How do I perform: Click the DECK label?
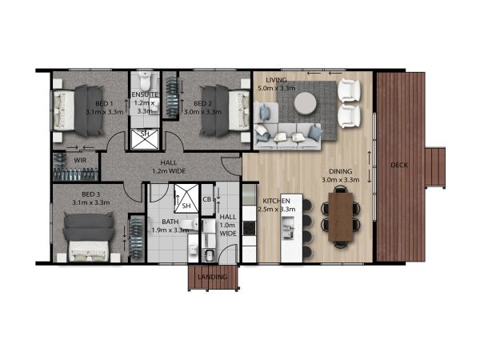pos(399,166)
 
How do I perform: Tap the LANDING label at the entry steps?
pos(213,277)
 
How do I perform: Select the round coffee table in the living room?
pos(306,103)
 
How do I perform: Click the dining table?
pos(341,217)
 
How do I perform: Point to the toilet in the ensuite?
pos(144,80)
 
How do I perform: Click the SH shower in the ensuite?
pos(145,139)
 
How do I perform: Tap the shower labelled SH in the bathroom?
pos(186,198)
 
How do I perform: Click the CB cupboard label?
pos(207,199)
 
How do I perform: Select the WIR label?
pos(80,161)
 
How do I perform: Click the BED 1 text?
pos(104,103)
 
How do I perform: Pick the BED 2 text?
pos(202,103)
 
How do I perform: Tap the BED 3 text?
pos(90,194)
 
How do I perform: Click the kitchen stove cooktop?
pos(249,228)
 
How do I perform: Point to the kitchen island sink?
pos(288,227)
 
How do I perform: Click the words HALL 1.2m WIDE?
pos(169,167)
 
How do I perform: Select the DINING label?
pos(341,171)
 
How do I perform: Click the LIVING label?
pos(277,80)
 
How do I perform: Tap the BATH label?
pos(170,222)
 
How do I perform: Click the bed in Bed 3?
pos(89,238)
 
